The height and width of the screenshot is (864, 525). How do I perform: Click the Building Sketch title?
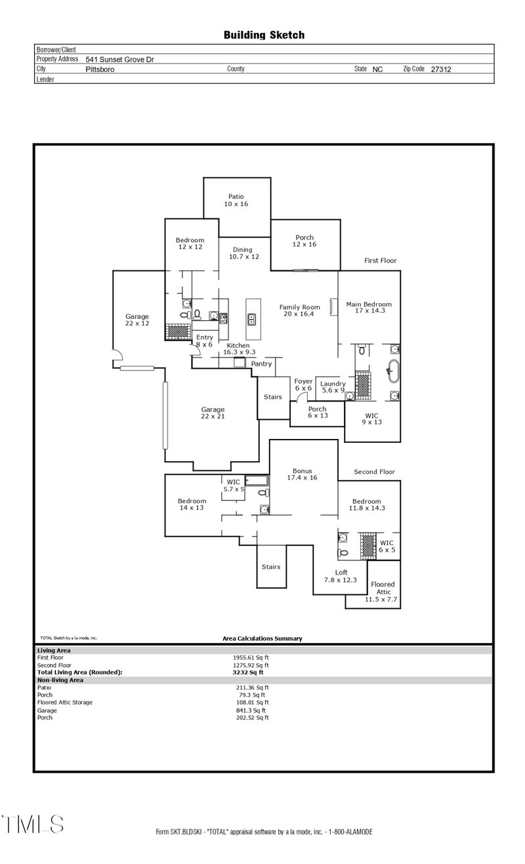(x=264, y=35)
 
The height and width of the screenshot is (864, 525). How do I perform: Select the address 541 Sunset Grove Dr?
(x=119, y=59)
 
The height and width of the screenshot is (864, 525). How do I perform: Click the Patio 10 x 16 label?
(x=236, y=200)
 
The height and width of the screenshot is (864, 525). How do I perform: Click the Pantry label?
(x=261, y=364)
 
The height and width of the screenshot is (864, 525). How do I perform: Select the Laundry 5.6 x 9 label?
(x=333, y=387)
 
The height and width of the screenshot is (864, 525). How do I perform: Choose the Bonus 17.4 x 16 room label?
(x=302, y=474)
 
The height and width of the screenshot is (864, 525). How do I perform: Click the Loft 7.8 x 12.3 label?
(x=341, y=576)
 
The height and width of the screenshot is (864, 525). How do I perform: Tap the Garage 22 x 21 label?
(x=213, y=413)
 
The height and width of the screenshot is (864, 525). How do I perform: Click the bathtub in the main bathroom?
(x=394, y=371)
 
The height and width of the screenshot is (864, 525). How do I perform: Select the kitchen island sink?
(x=251, y=319)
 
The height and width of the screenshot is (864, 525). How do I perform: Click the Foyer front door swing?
(x=299, y=397)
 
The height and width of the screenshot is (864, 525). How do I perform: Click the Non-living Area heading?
(x=60, y=680)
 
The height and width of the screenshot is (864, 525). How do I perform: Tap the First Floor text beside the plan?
(x=381, y=260)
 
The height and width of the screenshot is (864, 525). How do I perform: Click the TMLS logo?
(x=33, y=824)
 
